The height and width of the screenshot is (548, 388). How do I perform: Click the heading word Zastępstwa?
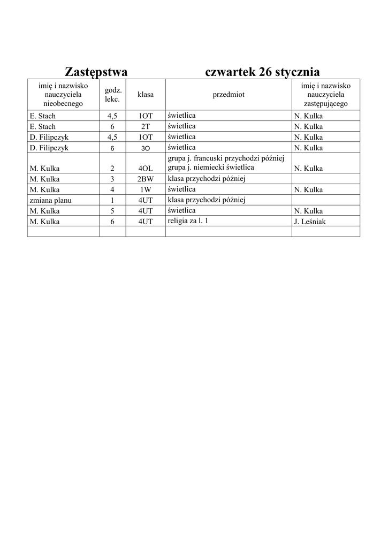(96, 72)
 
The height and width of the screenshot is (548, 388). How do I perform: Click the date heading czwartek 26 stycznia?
(262, 72)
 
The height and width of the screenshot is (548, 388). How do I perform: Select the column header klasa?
(145, 95)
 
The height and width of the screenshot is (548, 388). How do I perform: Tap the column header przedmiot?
(229, 95)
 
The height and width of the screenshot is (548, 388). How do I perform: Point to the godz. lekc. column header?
(112, 95)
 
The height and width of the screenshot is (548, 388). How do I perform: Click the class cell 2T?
(145, 127)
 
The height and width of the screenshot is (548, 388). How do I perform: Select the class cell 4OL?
(145, 169)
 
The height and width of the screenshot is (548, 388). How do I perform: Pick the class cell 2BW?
(145, 179)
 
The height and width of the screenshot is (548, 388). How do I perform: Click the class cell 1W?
(145, 190)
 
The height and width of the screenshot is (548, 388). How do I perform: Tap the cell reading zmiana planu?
(51, 201)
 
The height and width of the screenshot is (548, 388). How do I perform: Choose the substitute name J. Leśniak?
(310, 222)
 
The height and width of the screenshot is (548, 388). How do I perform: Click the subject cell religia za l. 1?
(188, 221)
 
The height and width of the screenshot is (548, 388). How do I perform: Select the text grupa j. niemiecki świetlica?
(211, 168)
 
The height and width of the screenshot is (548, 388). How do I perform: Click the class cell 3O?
(145, 148)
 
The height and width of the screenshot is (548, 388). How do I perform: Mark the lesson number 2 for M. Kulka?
(112, 169)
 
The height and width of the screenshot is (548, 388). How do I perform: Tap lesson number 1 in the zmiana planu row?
(112, 201)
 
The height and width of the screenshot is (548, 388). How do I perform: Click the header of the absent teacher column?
(63, 95)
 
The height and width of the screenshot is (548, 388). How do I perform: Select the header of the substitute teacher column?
(325, 95)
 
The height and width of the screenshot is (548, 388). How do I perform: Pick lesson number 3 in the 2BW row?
(112, 179)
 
